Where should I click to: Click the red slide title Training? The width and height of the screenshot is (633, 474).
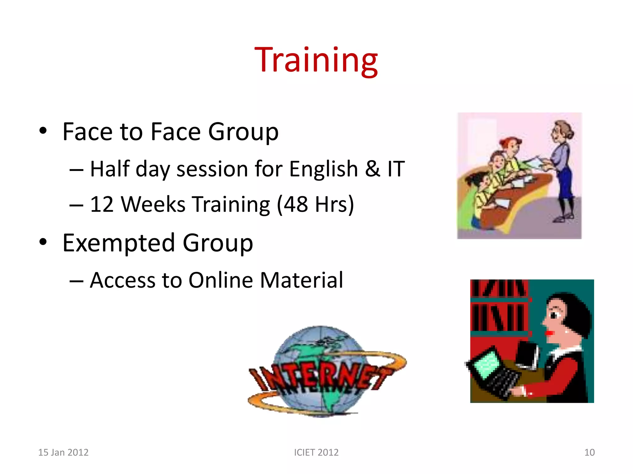pos(316,60)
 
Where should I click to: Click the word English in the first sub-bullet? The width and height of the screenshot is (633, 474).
pos(323,169)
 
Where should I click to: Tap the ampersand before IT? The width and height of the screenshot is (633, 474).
pos(372,169)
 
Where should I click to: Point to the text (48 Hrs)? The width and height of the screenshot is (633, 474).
pos(315,205)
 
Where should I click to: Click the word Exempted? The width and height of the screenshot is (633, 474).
pos(119,243)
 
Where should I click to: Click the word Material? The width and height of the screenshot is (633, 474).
pos(301,280)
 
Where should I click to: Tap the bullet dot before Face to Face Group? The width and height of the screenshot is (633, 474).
pos(43,131)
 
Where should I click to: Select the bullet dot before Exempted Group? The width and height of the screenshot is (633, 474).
pos(43,242)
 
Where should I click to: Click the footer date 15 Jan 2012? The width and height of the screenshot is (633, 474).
pos(63,452)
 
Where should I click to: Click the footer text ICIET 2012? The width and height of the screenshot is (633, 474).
pos(316,452)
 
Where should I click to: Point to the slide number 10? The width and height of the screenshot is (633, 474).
pos(589,452)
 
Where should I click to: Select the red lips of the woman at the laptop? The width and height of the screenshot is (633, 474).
pos(549,333)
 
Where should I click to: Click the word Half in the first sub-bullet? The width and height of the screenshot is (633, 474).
pos(110,169)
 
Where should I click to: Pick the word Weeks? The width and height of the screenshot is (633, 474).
pos(153,204)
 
